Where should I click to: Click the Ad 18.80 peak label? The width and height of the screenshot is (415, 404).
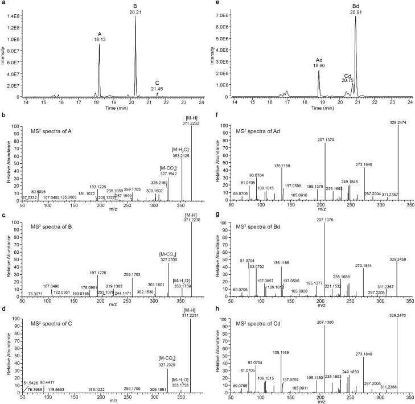point(319,63)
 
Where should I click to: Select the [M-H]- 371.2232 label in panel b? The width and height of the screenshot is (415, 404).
point(199,119)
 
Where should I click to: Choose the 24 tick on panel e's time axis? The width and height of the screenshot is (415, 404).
point(411,102)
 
